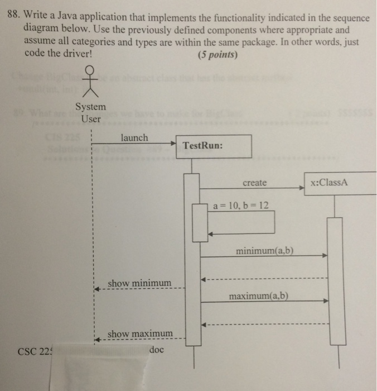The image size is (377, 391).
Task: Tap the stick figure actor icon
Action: click(89, 81)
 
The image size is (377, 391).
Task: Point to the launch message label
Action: click(134, 137)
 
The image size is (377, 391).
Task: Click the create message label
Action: click(255, 183)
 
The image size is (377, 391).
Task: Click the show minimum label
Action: click(139, 283)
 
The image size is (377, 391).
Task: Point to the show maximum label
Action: click(140, 333)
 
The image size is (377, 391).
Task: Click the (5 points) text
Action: click(217, 55)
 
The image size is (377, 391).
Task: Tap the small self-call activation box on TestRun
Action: click(200, 222)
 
